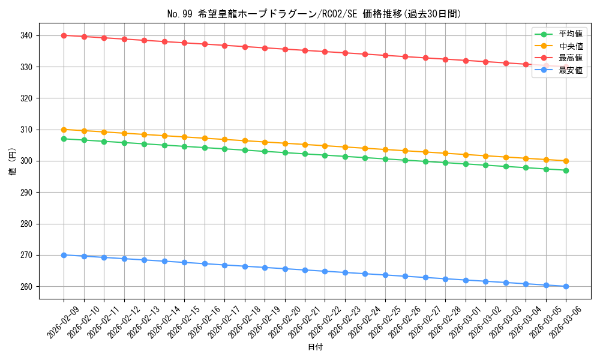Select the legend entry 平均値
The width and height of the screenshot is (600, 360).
(571, 34)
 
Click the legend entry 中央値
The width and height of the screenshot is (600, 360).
(571, 46)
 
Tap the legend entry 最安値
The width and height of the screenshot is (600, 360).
(571, 70)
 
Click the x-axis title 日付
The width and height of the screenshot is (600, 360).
(315, 347)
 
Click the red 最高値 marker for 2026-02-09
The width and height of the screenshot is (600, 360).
(64, 35)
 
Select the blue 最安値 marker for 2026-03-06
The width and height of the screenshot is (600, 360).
(566, 286)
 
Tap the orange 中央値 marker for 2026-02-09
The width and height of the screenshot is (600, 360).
(64, 130)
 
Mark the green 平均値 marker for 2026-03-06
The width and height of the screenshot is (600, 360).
(566, 170)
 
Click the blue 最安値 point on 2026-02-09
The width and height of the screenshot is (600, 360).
(64, 255)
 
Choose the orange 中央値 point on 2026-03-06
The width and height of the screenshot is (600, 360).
(566, 161)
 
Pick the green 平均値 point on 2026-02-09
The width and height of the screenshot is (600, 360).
(64, 139)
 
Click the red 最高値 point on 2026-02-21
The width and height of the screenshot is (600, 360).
(305, 50)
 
